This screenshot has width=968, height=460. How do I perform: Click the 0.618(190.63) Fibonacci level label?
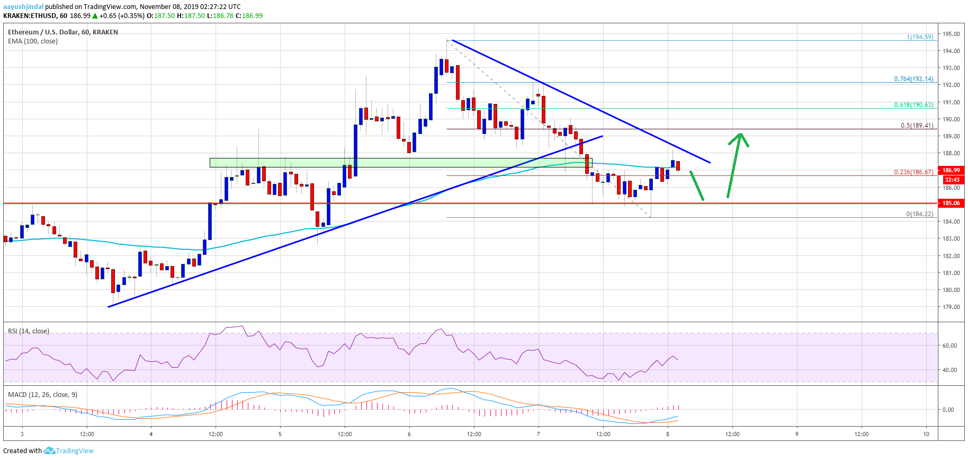(x=913, y=105)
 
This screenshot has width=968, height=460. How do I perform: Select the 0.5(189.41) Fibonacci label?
(x=917, y=126)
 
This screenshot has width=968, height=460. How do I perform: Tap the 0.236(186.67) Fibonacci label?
(x=913, y=172)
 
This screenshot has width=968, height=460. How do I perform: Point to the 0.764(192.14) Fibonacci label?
(x=913, y=79)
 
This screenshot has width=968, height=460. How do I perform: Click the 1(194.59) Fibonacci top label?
(x=920, y=37)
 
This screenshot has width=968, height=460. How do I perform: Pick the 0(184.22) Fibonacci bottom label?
(x=920, y=214)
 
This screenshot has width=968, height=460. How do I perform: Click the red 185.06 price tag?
(x=951, y=203)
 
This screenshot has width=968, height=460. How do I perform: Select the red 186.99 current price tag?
(x=951, y=170)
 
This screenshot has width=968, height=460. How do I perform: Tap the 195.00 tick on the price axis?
(x=951, y=34)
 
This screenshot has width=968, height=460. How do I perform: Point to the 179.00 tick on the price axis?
(x=951, y=307)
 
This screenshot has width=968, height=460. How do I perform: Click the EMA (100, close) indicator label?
(x=33, y=41)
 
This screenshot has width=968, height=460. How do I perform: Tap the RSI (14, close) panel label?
(x=29, y=331)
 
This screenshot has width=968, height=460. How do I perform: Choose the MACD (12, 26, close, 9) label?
(x=42, y=395)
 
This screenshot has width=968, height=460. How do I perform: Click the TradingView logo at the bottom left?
(x=69, y=451)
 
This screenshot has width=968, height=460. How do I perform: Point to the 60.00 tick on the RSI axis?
(x=949, y=346)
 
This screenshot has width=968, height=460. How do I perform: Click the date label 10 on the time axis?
(x=926, y=434)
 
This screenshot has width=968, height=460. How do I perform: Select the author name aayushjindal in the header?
(x=23, y=7)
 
